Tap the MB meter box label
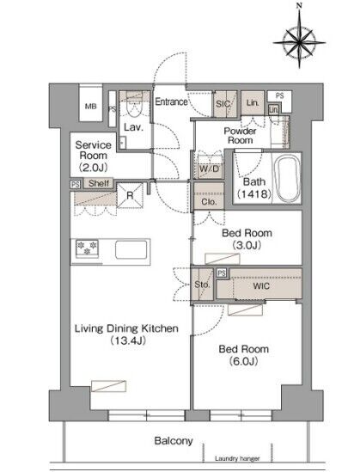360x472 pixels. pos(90,107)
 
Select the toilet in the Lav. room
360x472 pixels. pos(134,107)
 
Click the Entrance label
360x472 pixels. pos(171,101)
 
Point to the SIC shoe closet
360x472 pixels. pos(225,104)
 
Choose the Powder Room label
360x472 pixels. pos(240,136)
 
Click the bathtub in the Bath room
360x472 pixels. pos(288,179)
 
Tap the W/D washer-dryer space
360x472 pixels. pos(210,168)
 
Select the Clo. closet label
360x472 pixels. pos(209,202)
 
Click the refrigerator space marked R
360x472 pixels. pos(130,195)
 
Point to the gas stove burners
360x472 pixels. pos(88,248)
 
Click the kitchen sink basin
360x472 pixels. pos(131,249)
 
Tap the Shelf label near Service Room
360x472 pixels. pos(98,183)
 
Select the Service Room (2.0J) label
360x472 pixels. pos(94,156)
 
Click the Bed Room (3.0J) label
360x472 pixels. pos(247,239)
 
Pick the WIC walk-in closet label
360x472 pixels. pos(261,285)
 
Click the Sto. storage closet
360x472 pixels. pos(202,285)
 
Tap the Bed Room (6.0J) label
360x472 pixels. pos(244,355)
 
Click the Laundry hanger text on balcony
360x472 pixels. pos(237,458)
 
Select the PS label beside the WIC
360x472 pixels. pos(222,273)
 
